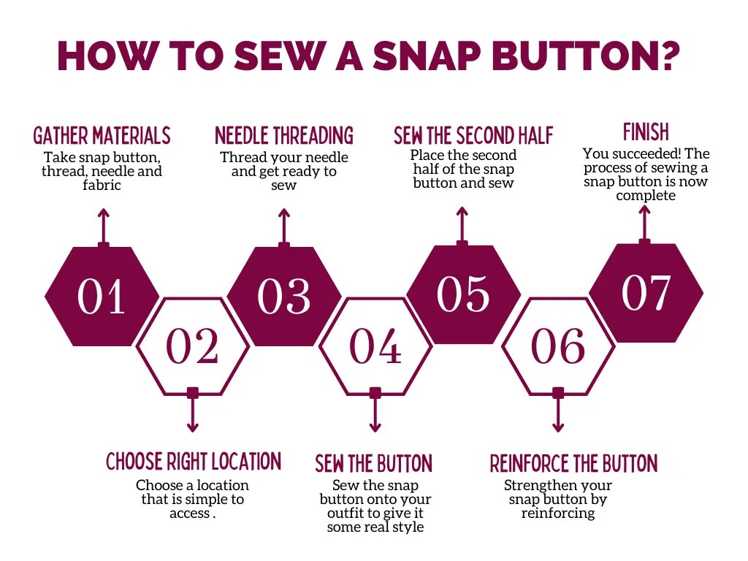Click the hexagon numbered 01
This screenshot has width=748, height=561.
pyautogui.click(x=102, y=296)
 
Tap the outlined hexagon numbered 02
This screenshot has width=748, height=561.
pyautogui.click(x=192, y=346)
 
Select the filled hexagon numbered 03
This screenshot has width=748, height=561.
pyautogui.click(x=284, y=296)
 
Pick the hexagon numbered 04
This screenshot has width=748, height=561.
pyautogui.click(x=375, y=346)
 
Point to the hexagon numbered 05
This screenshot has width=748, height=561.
pyautogui.click(x=463, y=294)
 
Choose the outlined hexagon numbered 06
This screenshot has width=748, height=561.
pyautogui.click(x=558, y=346)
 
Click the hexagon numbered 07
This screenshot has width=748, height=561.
pyautogui.click(x=646, y=293)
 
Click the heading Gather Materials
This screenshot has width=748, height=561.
pyautogui.click(x=102, y=136)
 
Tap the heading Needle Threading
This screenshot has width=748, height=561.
pyautogui.click(x=284, y=136)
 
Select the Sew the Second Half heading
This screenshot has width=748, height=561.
pyautogui.click(x=473, y=136)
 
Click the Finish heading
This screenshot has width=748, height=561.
pyautogui.click(x=646, y=132)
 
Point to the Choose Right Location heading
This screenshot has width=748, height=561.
pyautogui.click(x=194, y=462)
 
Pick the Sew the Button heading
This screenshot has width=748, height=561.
pyautogui.click(x=374, y=464)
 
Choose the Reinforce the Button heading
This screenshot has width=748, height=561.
pyautogui.click(x=573, y=464)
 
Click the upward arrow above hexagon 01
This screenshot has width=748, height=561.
pyautogui.click(x=104, y=223)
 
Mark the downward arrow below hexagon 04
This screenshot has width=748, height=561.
pyautogui.click(x=375, y=416)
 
